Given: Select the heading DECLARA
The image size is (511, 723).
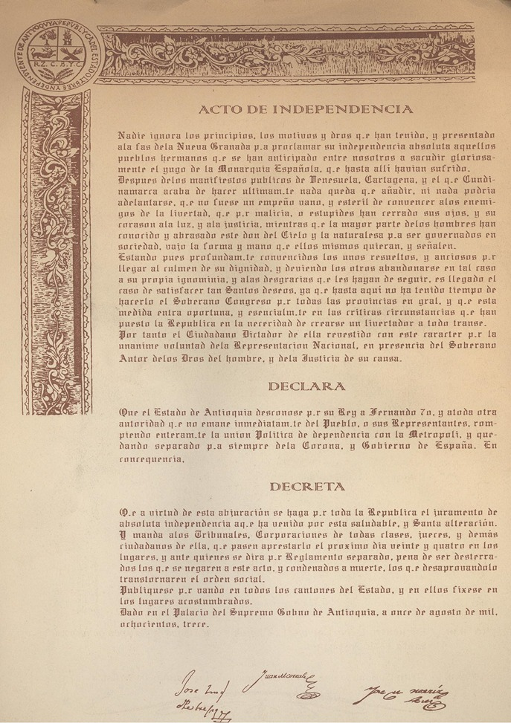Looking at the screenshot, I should click(x=306, y=386).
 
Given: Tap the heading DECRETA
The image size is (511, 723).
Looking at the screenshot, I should click(x=307, y=487).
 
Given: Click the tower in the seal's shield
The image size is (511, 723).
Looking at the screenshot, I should click(x=37, y=51).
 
